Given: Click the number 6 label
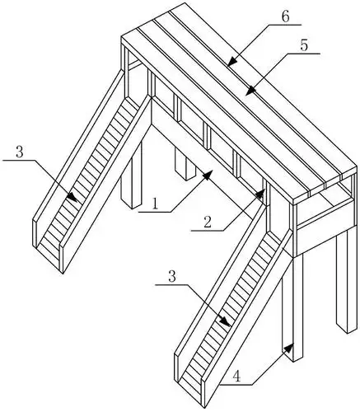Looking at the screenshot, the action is [x=286, y=17].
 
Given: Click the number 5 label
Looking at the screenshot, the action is [x=304, y=45].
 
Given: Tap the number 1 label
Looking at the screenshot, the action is [x=156, y=204].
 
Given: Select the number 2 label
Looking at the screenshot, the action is [x=208, y=222].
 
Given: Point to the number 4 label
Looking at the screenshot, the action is [x=236, y=377].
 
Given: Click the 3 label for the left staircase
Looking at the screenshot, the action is [x=20, y=152].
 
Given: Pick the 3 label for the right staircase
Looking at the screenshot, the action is [x=172, y=276].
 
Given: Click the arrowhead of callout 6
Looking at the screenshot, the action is [x=232, y=62].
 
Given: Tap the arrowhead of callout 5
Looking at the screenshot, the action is [x=250, y=91].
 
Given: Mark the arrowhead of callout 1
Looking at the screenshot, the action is [x=208, y=174].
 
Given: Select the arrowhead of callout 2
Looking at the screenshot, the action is [x=260, y=194].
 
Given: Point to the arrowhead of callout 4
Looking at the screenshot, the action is [x=288, y=348].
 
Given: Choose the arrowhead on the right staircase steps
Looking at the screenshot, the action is [x=226, y=321].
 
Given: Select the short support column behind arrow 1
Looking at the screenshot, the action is [x=186, y=163].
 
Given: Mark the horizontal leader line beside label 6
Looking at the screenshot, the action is [x=286, y=25].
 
